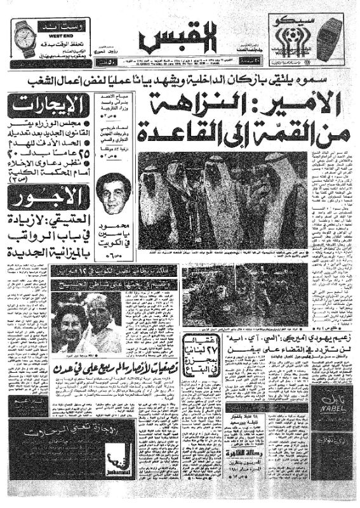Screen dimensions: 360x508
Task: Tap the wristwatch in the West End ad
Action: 23,39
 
